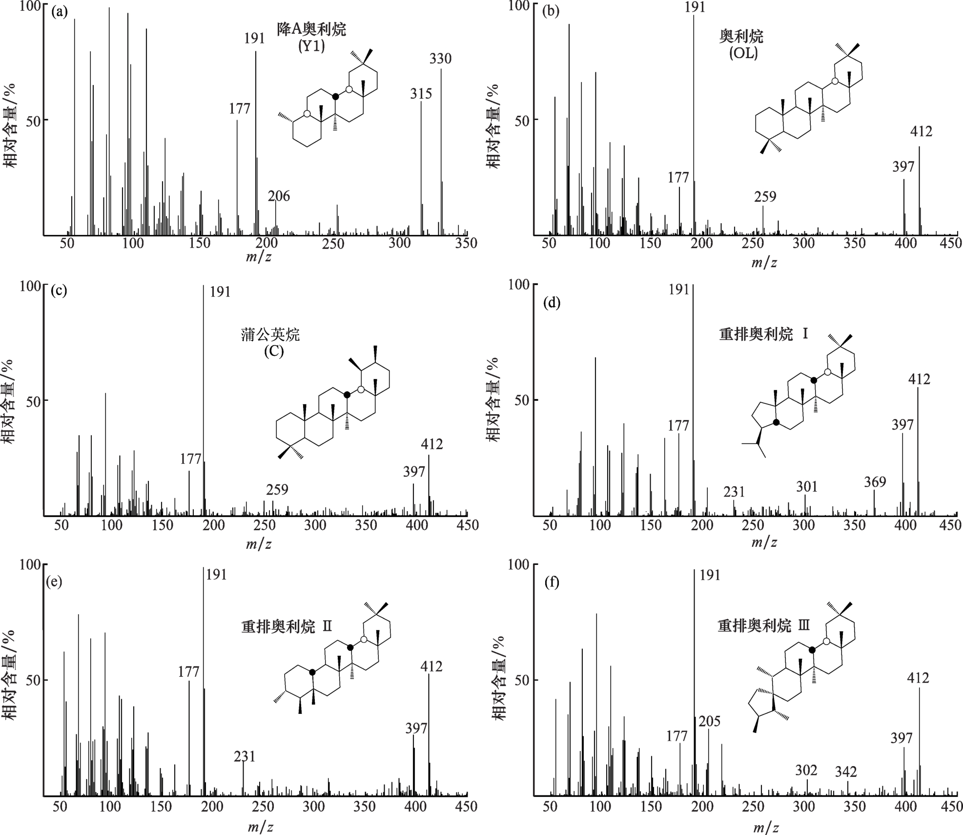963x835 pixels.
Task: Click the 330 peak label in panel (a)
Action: pos(440,59)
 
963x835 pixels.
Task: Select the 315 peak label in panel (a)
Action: pos(421,93)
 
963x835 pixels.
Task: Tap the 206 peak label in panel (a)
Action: pos(279,196)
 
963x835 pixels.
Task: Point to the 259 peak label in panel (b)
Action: pos(765,197)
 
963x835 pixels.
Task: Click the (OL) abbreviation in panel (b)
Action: pos(743,53)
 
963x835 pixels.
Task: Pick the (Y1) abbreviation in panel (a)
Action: pos(311,46)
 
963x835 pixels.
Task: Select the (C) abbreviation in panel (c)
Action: pos(274,351)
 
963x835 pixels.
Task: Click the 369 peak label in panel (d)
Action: pos(875,482)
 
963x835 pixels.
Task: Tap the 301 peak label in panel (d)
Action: pos(806,486)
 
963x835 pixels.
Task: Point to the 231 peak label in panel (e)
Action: pos(245,756)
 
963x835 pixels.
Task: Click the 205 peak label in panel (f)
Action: pos(710,721)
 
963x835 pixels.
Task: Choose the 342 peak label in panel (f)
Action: pos(846,772)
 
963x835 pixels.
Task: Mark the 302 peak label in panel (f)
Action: pos(806,770)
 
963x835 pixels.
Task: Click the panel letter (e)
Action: pos(53,582)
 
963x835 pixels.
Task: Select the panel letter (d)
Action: pos(552,303)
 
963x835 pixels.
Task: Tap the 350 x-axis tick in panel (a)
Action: pos(466,243)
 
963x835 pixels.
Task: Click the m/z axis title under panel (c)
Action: pos(259,544)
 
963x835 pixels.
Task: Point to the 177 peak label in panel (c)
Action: pos(190,459)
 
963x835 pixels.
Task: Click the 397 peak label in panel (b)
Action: pos(903,167)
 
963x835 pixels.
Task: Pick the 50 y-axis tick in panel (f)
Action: pos(521,680)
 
